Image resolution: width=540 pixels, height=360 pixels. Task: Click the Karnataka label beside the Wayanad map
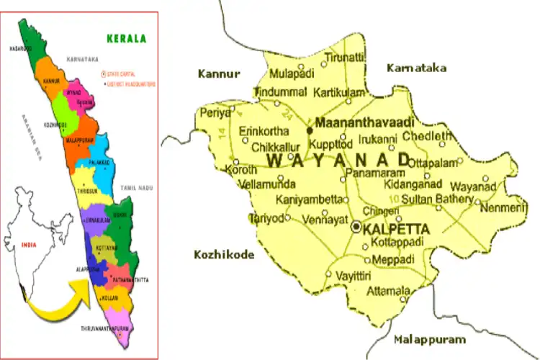point(416,68)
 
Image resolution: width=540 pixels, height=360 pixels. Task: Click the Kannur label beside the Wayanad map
point(219,73)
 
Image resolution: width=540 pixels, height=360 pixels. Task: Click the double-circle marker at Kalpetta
point(356,227)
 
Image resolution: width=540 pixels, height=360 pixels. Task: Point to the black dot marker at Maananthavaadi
point(310,130)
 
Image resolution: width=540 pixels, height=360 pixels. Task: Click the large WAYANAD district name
point(338,160)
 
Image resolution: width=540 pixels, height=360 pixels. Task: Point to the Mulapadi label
point(292,73)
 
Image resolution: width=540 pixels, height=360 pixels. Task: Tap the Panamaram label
point(372,174)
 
